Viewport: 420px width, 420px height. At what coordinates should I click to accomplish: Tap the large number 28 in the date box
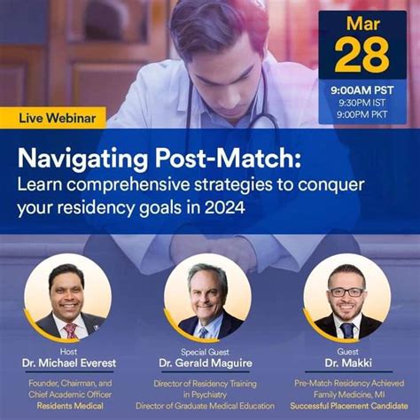click(362, 55)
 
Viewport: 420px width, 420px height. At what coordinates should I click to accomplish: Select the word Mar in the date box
click(362, 23)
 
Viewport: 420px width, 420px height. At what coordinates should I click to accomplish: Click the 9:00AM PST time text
click(362, 89)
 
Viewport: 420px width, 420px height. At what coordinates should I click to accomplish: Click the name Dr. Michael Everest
click(68, 363)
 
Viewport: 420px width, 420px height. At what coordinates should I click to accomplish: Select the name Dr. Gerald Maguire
click(208, 363)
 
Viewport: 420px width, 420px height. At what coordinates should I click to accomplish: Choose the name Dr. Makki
click(346, 363)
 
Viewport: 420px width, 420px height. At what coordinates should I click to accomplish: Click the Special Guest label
click(208, 351)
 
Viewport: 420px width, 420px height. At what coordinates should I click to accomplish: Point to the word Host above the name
click(68, 351)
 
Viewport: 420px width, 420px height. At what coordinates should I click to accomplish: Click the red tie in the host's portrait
click(70, 331)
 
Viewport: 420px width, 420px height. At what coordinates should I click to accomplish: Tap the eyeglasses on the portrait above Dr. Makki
click(346, 292)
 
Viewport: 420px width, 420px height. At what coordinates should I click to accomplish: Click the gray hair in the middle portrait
click(207, 273)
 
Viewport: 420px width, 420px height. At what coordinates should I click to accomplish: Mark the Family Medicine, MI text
click(346, 393)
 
